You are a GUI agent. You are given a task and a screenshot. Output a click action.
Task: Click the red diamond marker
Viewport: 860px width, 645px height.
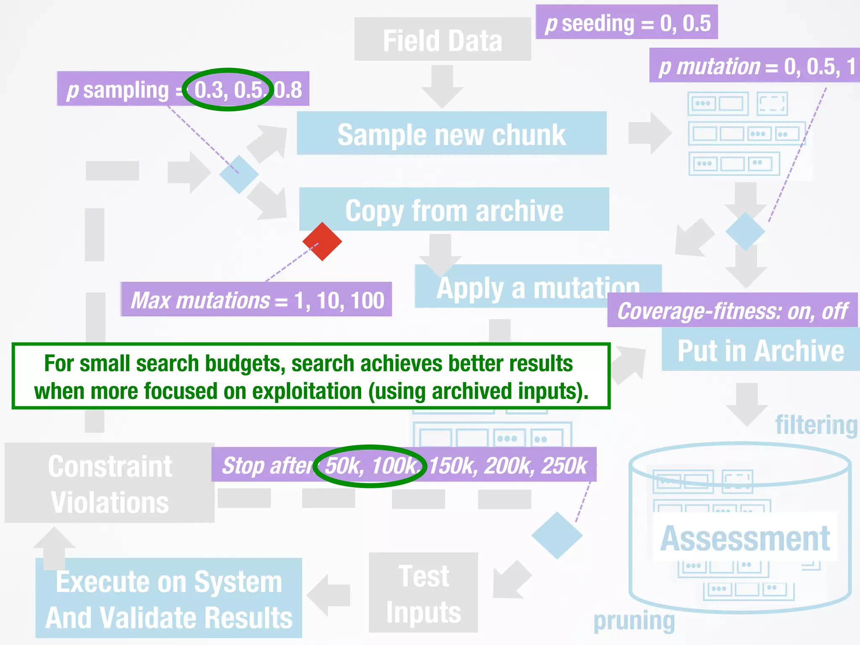(x=322, y=241)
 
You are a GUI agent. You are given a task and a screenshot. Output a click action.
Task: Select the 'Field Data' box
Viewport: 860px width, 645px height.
(x=442, y=39)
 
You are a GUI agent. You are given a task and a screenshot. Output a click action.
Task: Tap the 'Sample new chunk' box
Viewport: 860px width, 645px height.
(x=451, y=134)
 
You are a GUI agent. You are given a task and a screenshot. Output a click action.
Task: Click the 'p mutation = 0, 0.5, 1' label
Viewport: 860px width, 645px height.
(x=754, y=66)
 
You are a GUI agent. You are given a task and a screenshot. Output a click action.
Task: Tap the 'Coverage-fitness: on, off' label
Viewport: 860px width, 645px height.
(x=732, y=310)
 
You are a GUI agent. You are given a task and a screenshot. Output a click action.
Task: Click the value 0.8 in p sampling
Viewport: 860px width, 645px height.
(x=288, y=89)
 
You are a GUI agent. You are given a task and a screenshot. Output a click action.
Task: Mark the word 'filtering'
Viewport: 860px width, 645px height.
(x=816, y=425)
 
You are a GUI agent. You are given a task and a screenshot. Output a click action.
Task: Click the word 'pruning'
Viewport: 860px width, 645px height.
(x=634, y=621)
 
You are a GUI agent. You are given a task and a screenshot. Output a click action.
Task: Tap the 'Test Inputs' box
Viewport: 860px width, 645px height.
(x=423, y=593)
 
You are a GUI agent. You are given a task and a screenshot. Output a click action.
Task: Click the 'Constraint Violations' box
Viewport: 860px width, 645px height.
(x=110, y=483)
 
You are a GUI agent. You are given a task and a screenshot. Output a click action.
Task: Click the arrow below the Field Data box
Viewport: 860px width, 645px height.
(x=442, y=86)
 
